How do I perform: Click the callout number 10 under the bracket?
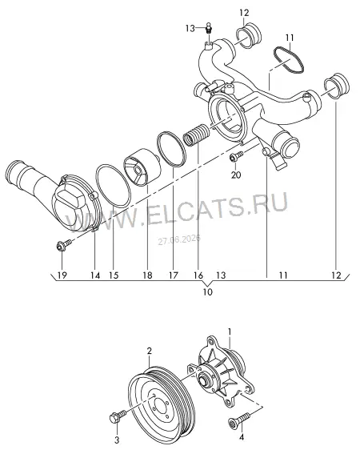coord(208,291)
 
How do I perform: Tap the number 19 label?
coord(62,275)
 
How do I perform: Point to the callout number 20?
coord(236,175)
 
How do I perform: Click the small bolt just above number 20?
coord(236,155)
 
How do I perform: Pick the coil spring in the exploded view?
coord(196,135)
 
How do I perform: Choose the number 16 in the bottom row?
coord(198,275)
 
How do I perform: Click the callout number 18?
coord(147,275)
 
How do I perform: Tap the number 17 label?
coord(174,275)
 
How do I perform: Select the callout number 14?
coord(95,275)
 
